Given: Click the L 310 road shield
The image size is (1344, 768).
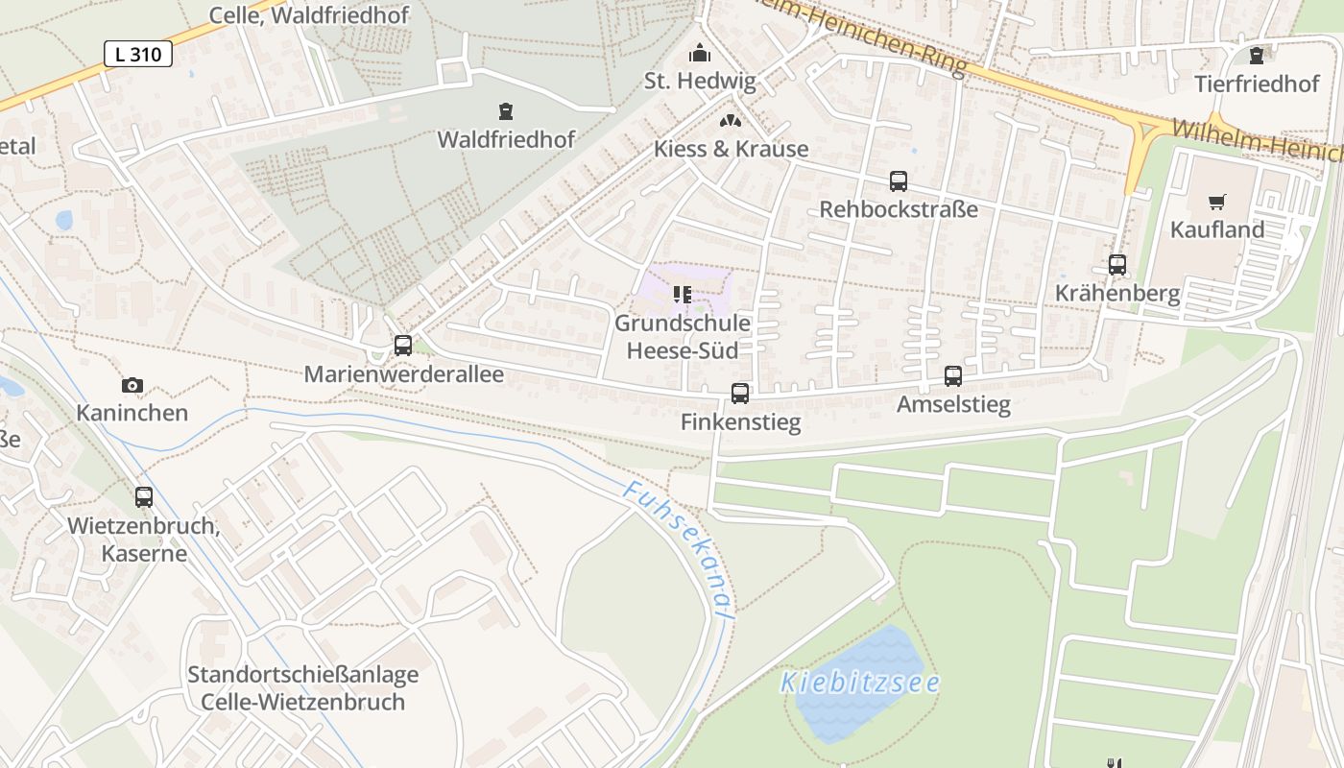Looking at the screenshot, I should click(138, 54).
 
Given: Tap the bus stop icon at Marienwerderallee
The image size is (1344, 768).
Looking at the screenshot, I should click(403, 346).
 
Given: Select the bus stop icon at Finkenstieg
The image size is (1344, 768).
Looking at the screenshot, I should click(740, 393).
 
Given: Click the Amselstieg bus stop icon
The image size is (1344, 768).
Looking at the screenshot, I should click(953, 376).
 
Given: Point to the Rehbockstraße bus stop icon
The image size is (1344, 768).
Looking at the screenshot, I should click(899, 180).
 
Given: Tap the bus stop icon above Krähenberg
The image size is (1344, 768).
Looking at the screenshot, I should click(1117, 265).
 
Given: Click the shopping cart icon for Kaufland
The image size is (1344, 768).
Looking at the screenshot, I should click(1217, 202).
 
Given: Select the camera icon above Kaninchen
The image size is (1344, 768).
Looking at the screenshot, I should click(132, 386).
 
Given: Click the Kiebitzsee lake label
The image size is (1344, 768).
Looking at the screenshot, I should click(859, 683).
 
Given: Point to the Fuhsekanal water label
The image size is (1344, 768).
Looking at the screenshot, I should click(678, 548).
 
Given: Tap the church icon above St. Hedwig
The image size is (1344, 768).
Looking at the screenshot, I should click(701, 53).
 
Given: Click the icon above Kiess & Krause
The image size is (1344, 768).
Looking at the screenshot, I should click(731, 121).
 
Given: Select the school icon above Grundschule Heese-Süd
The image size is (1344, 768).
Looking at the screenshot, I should click(683, 295).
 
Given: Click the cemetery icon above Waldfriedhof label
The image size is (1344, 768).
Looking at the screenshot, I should click(506, 111).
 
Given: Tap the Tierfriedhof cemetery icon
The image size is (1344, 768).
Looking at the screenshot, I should click(1257, 56).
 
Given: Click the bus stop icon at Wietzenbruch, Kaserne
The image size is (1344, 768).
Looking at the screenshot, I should click(144, 497).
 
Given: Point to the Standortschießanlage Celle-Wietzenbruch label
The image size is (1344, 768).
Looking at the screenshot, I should click(302, 687).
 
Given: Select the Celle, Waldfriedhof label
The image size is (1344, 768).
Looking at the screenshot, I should click(309, 15).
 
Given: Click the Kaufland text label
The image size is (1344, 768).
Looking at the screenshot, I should click(1216, 229).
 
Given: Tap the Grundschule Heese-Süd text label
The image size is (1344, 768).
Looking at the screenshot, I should click(683, 337).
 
